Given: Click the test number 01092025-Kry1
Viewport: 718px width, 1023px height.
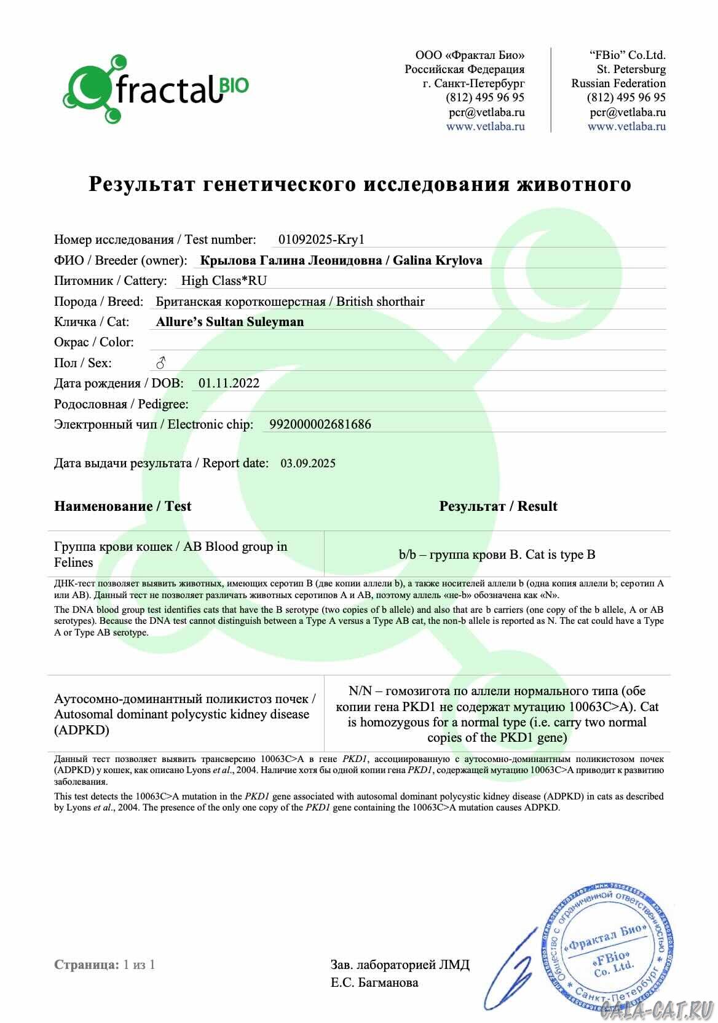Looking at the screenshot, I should pos(322,239).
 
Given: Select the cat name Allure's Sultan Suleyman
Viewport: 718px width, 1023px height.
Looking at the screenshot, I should pos(230,322).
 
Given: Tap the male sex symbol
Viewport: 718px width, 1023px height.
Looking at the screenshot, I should pos(160,363).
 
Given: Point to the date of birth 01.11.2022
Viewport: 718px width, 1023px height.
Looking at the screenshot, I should pos(229,383).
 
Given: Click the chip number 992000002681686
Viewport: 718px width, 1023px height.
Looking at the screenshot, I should pos(320,424).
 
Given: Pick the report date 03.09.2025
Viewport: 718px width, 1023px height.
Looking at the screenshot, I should pos(308,464).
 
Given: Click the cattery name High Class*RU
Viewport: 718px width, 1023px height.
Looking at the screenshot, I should pos(224,281).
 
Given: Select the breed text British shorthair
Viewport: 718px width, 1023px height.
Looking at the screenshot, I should pos(381,301).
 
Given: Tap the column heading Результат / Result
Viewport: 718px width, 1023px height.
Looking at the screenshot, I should pos(498,506).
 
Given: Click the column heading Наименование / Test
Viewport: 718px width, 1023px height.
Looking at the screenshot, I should pos(122,506).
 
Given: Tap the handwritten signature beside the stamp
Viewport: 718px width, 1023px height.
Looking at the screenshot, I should pos(516,970).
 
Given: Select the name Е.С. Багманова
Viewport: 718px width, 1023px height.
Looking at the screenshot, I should pos(374,982).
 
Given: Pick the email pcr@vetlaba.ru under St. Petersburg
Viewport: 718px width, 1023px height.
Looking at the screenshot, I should pos(628,112).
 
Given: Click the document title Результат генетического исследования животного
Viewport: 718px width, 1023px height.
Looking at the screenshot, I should pos(360,184).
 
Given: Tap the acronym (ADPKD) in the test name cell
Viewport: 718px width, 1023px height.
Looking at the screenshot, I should pos(82,730).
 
